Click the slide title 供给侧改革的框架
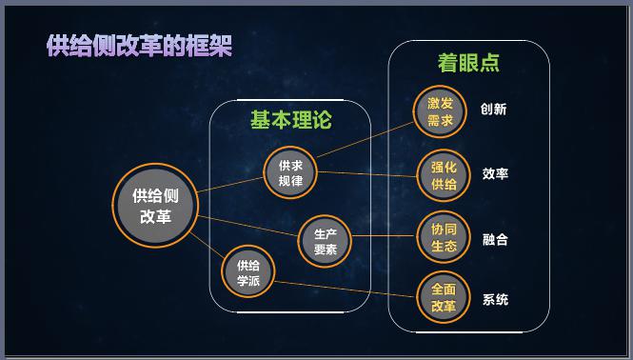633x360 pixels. click(x=139, y=46)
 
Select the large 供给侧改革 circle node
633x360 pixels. click(x=155, y=205)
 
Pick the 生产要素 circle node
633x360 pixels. click(x=326, y=242)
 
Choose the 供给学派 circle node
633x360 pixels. click(x=248, y=272)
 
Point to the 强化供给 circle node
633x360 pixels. click(x=444, y=176)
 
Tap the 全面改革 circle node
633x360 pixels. click(x=444, y=298)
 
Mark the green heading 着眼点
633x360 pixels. click(x=468, y=63)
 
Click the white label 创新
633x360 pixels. click(x=494, y=110)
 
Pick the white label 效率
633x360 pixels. click(x=495, y=174)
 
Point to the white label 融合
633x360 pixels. click(x=495, y=239)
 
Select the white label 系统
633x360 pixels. click(x=495, y=300)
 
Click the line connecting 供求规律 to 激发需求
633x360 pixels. click(x=366, y=135)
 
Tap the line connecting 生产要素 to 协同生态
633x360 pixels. click(x=386, y=235)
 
